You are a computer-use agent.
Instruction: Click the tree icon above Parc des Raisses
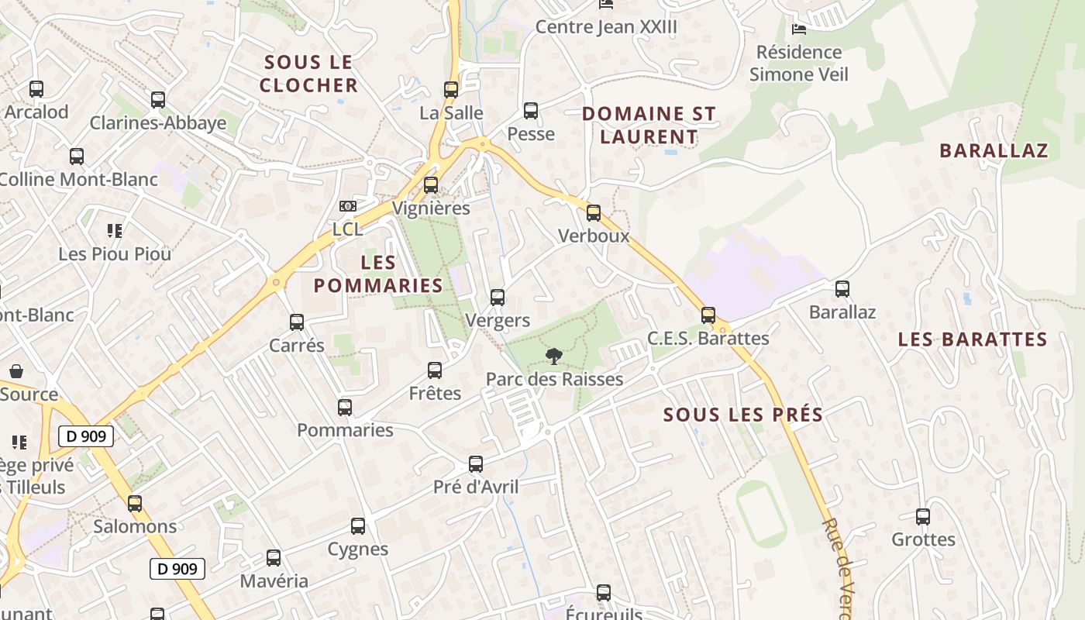pos(553,356)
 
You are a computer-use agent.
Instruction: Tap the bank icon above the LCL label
pos(348,206)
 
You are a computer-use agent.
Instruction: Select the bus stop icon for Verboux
pos(594,212)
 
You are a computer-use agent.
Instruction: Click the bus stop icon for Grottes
pos(922,516)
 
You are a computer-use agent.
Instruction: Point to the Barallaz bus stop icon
pos(842,289)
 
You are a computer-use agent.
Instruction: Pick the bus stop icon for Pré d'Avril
pos(476,464)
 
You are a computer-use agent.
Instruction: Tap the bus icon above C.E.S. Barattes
pos(708,315)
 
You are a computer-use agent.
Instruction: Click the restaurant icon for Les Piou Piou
pos(115,230)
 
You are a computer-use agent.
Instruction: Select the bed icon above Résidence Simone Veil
pos(799,29)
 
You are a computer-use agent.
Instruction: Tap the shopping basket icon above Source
pos(16,371)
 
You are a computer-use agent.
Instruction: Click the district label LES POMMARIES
pos(378,274)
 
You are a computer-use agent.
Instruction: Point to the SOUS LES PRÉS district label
pos(743,415)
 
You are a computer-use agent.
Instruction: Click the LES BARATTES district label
pos(973,339)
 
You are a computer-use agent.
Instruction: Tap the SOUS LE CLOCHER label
pos(308,73)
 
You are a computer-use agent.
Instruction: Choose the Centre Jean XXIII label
pos(606,27)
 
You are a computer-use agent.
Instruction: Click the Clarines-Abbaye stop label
pos(158,122)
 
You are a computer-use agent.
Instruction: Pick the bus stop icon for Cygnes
pos(358,526)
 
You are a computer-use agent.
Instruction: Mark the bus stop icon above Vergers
pos(498,298)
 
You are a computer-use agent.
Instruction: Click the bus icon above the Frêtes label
pos(435,370)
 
